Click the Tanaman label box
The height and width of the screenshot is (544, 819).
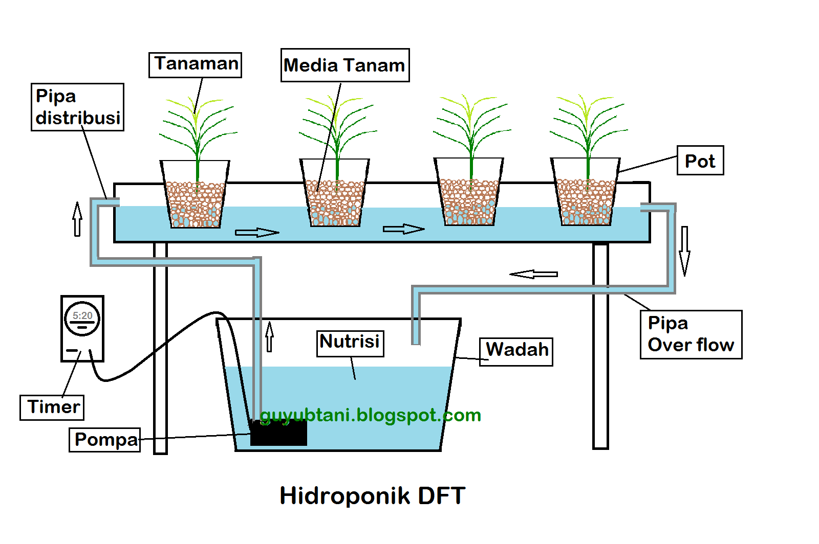(195, 65)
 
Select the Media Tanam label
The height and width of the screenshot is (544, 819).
(344, 65)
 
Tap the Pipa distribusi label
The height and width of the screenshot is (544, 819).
(77, 107)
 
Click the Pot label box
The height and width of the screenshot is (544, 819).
(700, 161)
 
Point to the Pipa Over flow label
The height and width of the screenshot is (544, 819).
(691, 334)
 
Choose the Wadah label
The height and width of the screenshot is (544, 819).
(516, 351)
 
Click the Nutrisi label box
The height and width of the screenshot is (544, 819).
(350, 343)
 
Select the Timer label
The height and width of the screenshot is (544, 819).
(52, 407)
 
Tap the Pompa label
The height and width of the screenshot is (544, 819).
(105, 440)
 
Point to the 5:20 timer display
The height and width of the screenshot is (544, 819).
(82, 316)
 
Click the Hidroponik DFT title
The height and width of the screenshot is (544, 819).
(372, 496)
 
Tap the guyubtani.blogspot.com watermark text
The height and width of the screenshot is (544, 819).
(371, 415)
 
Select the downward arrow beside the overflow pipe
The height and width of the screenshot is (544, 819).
(684, 251)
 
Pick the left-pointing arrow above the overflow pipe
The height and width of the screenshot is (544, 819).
(534, 274)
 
